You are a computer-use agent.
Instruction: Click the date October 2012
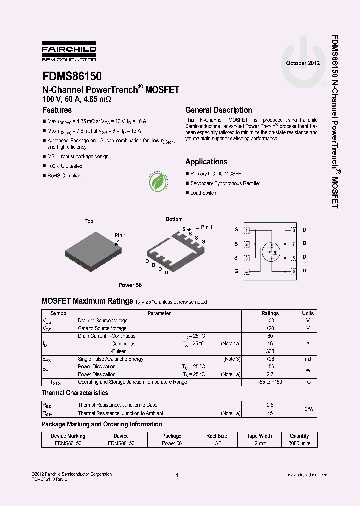303,63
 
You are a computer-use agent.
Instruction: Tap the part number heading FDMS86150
72,76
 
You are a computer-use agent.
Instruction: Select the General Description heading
219,110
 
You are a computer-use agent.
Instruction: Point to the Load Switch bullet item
203,193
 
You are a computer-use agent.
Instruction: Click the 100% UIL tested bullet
65,166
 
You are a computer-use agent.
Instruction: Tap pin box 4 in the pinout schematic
247,272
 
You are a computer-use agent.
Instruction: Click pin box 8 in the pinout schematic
294,230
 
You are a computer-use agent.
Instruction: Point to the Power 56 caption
130,285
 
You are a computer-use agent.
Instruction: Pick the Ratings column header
270,313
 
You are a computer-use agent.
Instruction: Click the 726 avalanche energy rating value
270,359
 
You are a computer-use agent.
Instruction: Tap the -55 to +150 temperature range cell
270,382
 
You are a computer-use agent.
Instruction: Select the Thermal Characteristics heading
75,393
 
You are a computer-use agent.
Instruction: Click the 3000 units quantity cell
299,443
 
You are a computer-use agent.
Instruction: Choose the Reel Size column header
217,436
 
